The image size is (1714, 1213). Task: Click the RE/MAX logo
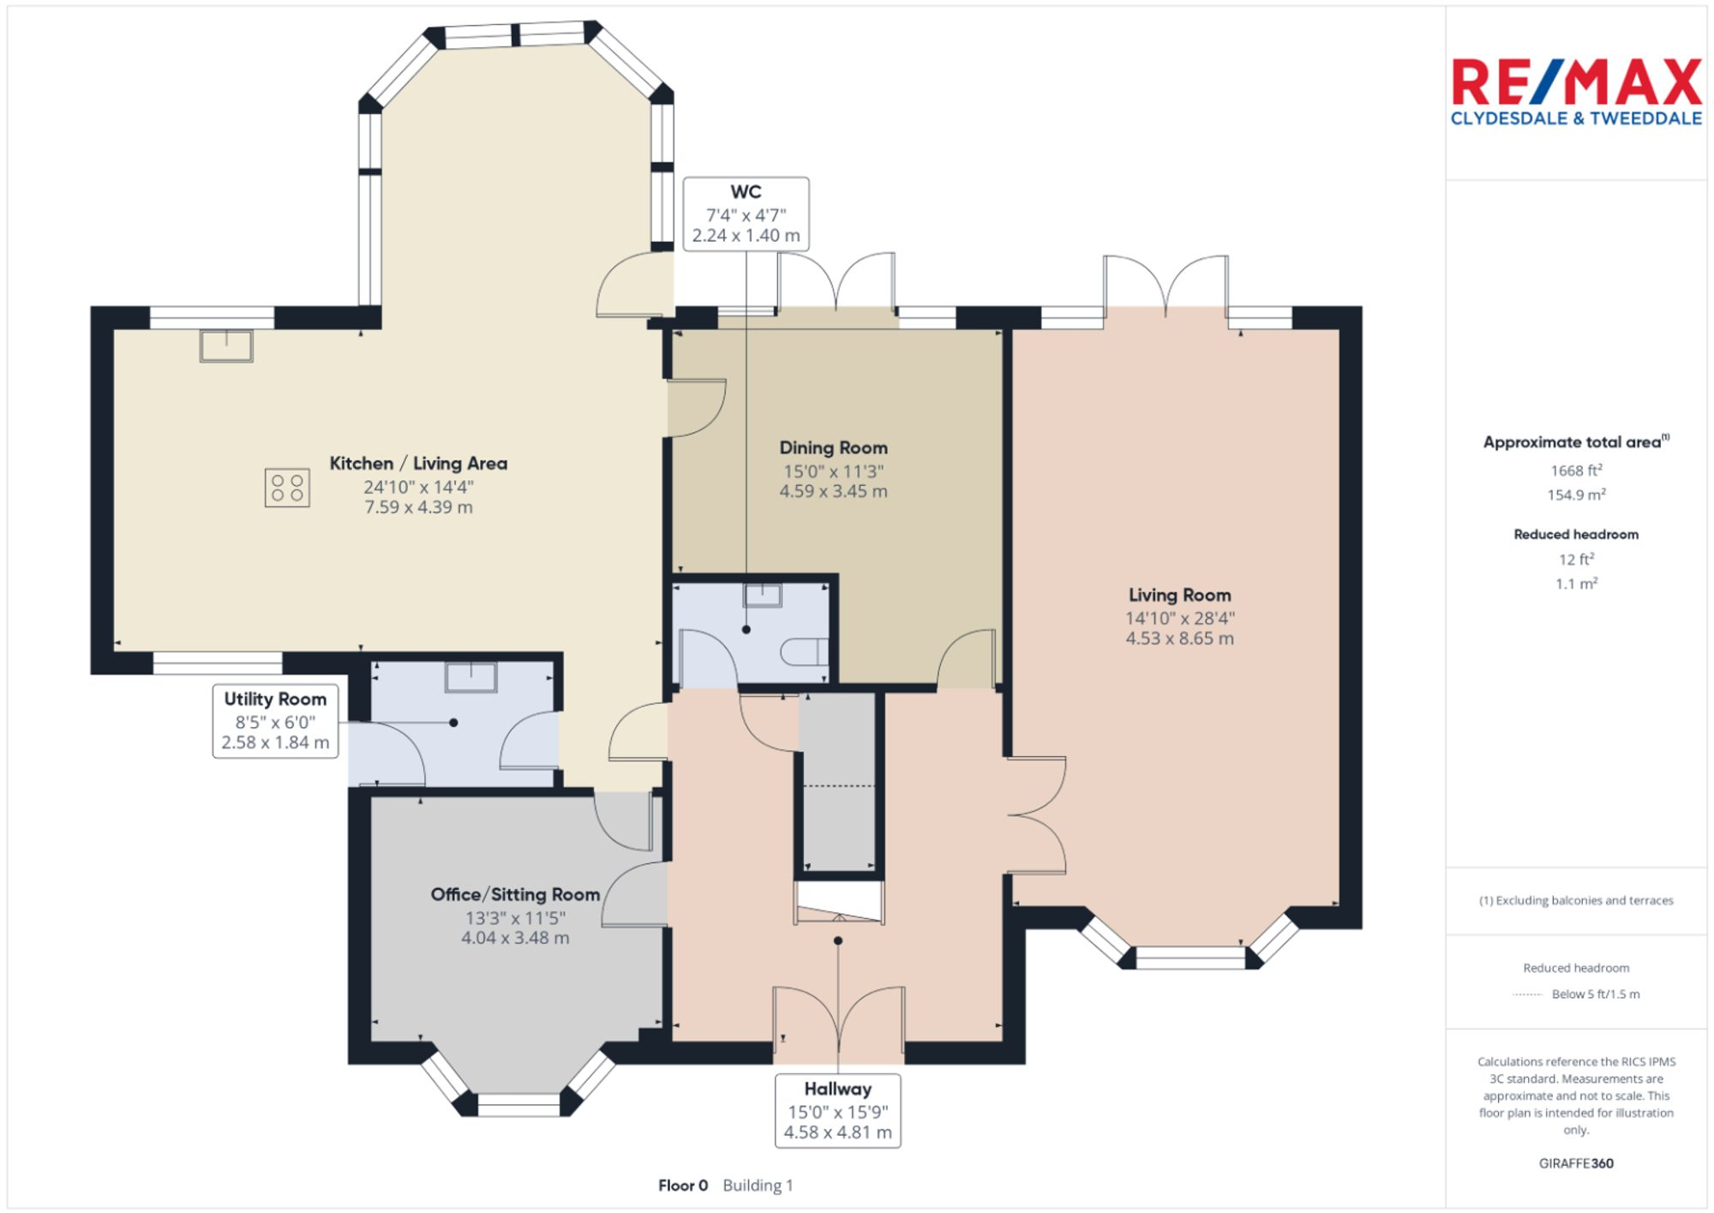pos(1576,93)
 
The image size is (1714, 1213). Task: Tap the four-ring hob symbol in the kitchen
pos(287,488)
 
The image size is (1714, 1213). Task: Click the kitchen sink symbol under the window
pos(226,345)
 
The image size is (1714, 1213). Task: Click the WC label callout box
pos(746,213)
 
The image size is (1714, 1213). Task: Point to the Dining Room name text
pos(833,447)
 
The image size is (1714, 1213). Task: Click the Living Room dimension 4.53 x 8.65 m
pos(1179,639)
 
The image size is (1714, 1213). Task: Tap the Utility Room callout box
pos(275,721)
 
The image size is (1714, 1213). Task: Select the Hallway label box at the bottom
pos(837,1110)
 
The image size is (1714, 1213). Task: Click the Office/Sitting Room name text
pos(515,894)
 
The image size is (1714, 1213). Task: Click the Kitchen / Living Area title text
pos(418,464)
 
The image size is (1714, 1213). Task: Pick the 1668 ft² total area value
pos(1576,471)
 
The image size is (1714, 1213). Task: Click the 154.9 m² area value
pos(1576,495)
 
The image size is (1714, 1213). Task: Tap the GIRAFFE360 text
pos(1576,1163)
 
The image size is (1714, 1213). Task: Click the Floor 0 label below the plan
pos(683,1186)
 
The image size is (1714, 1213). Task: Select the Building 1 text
pos(758,1186)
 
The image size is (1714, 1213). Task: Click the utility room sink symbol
pos(470,677)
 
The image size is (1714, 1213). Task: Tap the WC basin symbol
pos(762,594)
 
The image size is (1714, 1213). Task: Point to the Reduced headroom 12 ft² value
pos(1576,559)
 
